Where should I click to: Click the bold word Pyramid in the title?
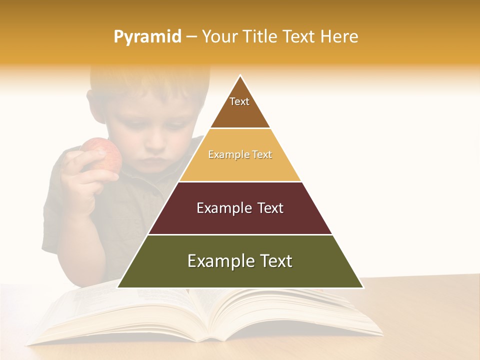[x=147, y=37]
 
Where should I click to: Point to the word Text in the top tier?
[x=239, y=101]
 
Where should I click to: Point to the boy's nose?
[x=156, y=145]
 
